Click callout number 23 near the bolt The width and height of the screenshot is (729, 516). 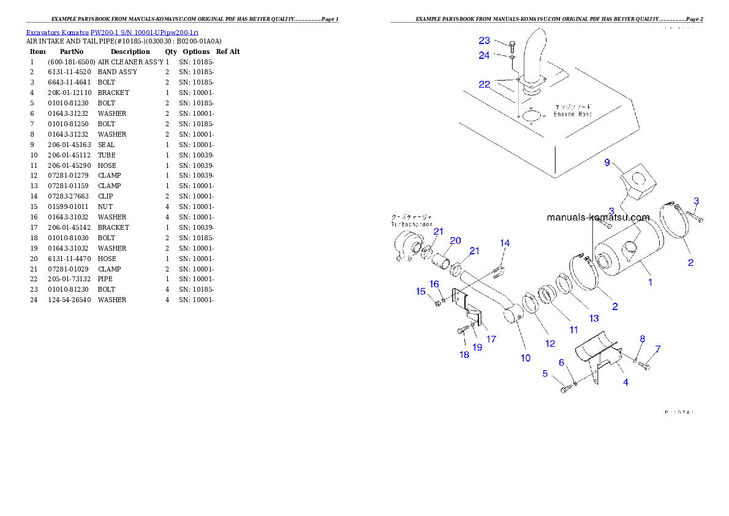click(485, 41)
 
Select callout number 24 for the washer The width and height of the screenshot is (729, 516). click(485, 55)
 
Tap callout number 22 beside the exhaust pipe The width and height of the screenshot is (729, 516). click(485, 85)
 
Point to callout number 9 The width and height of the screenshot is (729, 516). click(607, 162)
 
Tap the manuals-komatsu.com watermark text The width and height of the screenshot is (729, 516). click(598, 218)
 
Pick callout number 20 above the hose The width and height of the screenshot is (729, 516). click(455, 240)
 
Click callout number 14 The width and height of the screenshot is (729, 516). click(504, 243)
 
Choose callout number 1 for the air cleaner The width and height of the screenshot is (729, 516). click(650, 283)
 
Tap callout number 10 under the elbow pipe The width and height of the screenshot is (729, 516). click(526, 358)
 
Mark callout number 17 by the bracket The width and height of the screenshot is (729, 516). click(491, 339)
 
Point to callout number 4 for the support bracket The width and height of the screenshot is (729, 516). click(625, 382)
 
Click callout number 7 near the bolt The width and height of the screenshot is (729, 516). click(658, 349)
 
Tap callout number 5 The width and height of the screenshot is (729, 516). click(545, 373)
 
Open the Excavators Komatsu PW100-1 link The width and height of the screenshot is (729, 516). click(111, 32)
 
